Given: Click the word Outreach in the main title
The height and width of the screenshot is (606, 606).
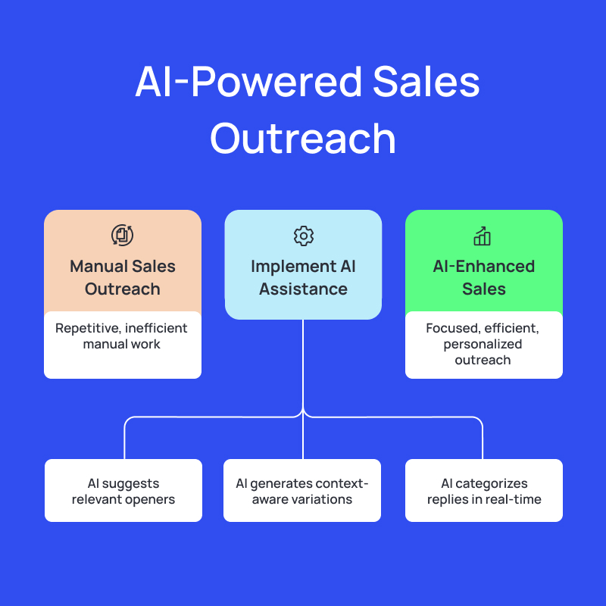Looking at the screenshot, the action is click(303, 139).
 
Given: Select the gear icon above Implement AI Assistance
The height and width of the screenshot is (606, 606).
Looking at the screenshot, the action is click(303, 236).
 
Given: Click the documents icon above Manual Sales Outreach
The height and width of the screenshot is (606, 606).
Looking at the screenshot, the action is click(122, 235).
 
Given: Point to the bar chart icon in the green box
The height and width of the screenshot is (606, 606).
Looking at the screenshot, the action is click(483, 236).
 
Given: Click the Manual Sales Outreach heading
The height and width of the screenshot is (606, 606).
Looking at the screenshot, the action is click(123, 277).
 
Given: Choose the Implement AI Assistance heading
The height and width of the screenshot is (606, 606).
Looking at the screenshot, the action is click(303, 277).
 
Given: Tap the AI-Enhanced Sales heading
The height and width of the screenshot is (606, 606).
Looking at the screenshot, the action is click(483, 277).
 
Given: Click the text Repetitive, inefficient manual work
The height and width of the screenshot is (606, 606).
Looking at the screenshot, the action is click(123, 336).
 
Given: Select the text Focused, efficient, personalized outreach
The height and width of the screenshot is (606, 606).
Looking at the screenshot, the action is click(483, 344).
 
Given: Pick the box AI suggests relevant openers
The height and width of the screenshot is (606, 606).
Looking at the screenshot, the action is click(123, 491).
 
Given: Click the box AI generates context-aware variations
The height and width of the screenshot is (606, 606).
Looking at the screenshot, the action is click(302, 491).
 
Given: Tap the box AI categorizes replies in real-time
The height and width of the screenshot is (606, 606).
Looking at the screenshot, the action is click(484, 491).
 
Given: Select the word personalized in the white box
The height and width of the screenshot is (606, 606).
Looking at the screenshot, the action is click(483, 344).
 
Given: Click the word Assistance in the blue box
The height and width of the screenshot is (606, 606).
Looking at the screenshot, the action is click(303, 289).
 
